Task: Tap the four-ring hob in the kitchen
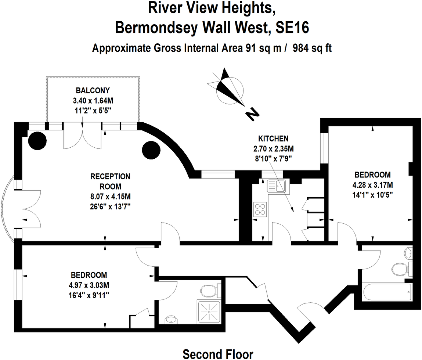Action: (260, 210)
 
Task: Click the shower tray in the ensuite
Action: (209, 312)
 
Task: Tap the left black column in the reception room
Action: (37, 141)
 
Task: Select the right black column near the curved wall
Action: (151, 150)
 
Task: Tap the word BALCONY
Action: (93, 90)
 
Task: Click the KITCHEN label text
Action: (274, 138)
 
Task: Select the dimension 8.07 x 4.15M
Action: (111, 197)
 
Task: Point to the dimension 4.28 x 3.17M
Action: (373, 185)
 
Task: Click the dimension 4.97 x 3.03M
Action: (89, 285)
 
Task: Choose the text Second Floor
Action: (218, 354)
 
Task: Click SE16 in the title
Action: (293, 28)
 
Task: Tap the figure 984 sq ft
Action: (312, 48)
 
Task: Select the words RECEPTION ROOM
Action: (110, 181)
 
